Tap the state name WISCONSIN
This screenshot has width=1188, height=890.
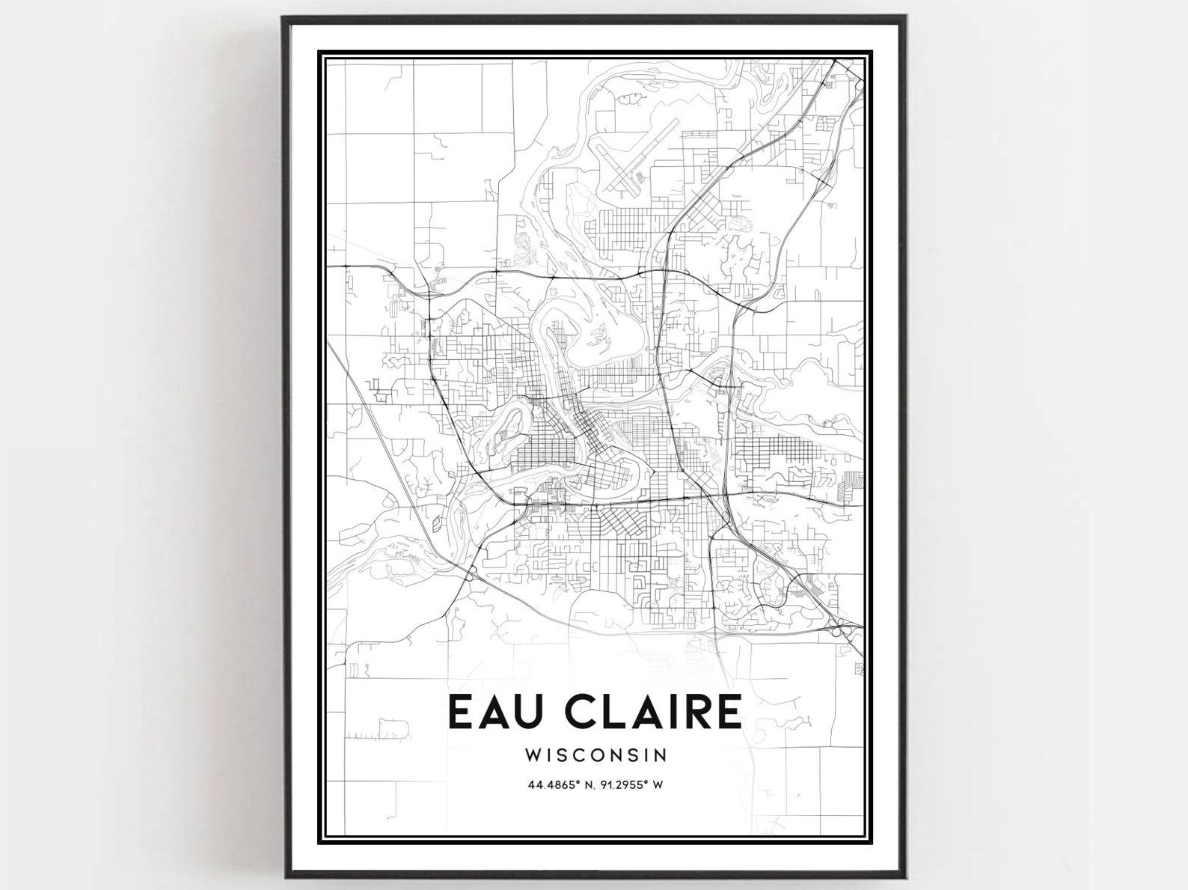point(595,755)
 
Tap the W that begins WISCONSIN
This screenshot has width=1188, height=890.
point(533,755)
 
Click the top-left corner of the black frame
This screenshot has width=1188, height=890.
point(284,17)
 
